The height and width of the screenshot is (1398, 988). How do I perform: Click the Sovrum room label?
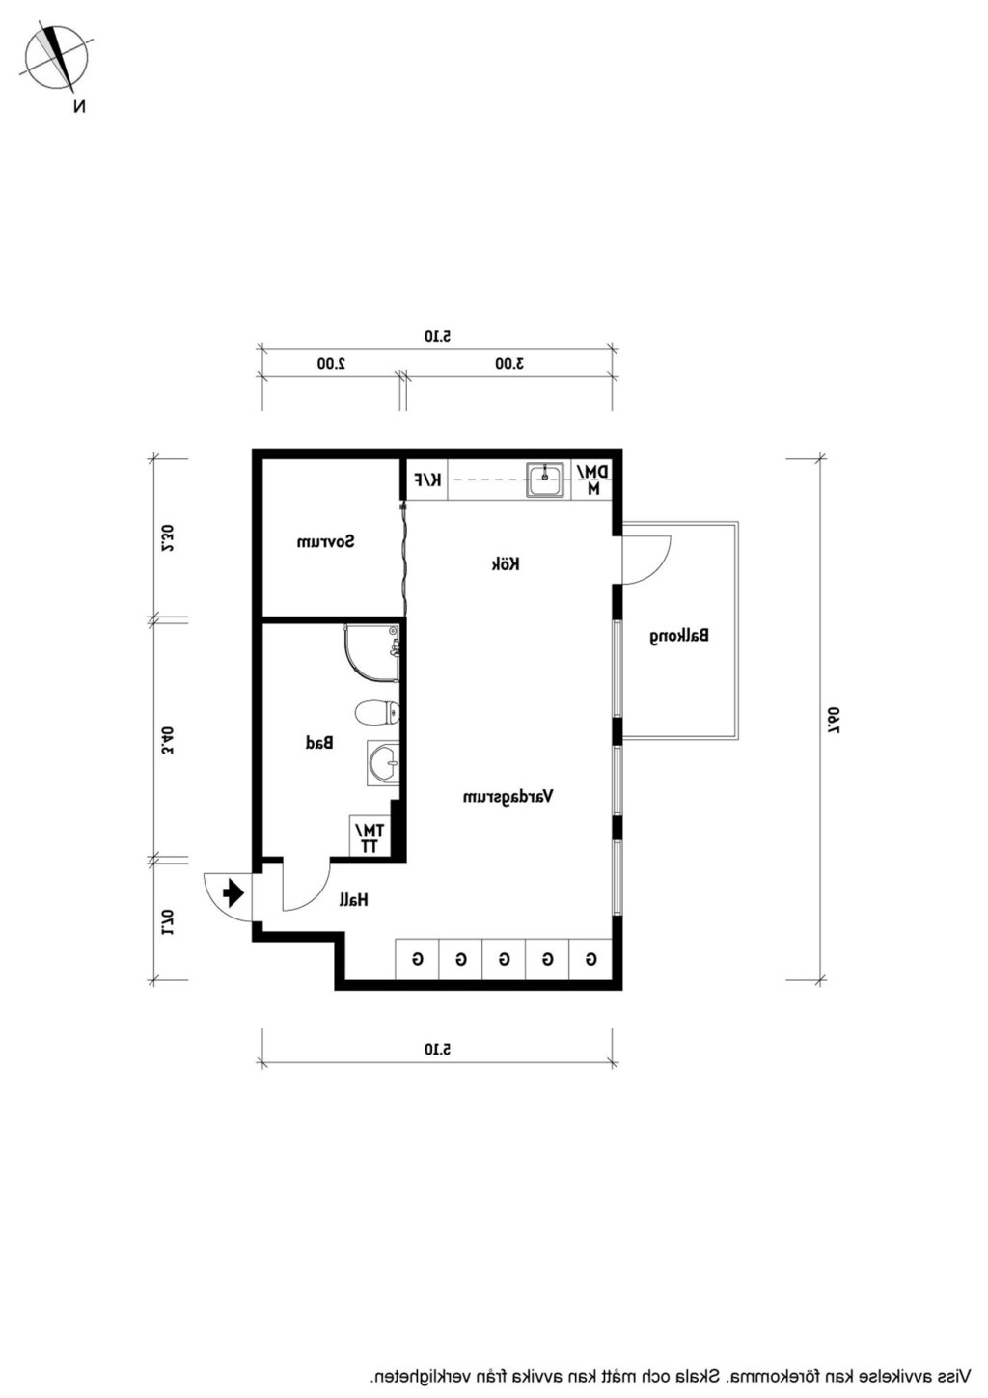pos(325,541)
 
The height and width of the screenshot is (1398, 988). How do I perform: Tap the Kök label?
pos(506,564)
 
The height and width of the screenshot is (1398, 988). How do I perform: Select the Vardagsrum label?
pos(508,797)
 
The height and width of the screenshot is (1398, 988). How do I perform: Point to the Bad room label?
pos(319,743)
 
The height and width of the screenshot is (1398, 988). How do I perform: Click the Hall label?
pos(354,899)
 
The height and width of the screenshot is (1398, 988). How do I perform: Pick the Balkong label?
pos(679,637)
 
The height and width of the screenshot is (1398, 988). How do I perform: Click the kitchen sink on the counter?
pos(545,480)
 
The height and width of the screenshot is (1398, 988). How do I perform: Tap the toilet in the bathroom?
pos(377,712)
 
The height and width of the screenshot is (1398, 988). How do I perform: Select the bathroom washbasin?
pos(383,762)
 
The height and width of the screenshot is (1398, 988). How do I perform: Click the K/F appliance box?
pos(427,480)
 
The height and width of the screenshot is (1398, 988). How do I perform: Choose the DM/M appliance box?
pos(592,480)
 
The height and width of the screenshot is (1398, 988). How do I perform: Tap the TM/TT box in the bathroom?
pos(370,837)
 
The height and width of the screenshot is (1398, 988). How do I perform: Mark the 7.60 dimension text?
pos(834,720)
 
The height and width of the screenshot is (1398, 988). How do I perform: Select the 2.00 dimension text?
pos(331,363)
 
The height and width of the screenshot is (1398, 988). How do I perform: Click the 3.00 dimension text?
pos(509,363)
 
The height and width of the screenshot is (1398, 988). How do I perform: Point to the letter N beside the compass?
pos(79,107)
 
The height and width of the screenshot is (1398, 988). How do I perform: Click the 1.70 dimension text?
pos(167,921)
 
